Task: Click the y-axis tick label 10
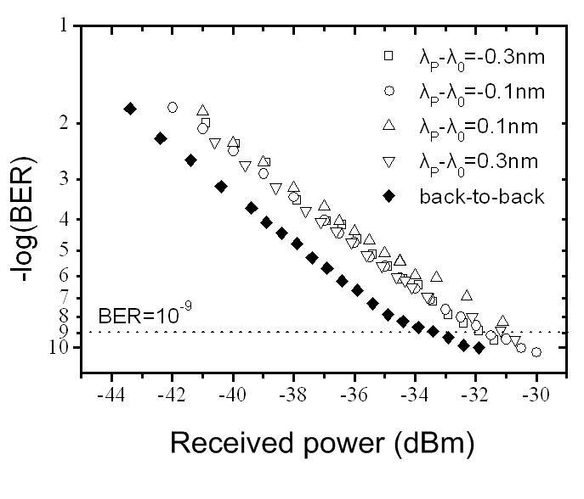pos(60,348)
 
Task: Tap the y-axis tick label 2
pos(65,124)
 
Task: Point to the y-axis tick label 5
pos(65,250)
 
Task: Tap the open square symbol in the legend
pos(388,56)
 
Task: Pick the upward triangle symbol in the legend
pos(388,126)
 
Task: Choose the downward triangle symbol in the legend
pos(388,161)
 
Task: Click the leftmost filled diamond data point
pos(130,109)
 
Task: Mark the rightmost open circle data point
pos(536,351)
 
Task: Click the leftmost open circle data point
pos(173,107)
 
